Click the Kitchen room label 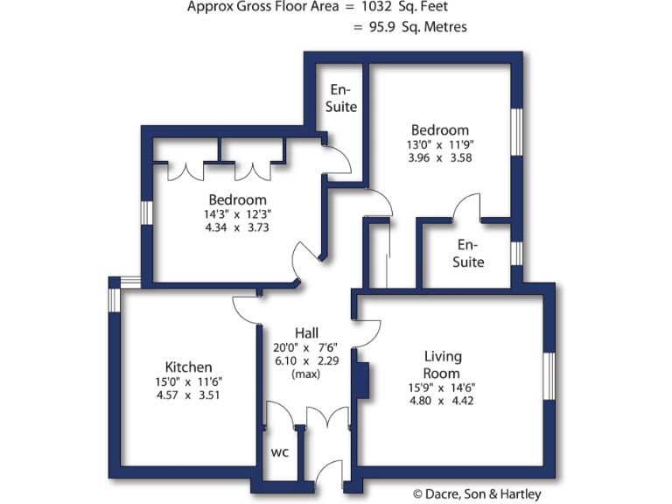[x=188, y=367]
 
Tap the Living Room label [x=443, y=364]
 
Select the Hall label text [x=306, y=332]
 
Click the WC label [x=279, y=452]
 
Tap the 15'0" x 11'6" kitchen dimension [x=188, y=381]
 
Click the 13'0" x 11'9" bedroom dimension [x=439, y=145]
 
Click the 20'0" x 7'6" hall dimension [x=306, y=346]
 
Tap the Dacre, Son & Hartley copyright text [x=477, y=494]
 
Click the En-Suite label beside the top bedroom [x=341, y=98]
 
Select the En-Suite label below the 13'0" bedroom [x=471, y=253]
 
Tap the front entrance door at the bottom [x=329, y=477]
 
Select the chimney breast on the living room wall [x=360, y=381]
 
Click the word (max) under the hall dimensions [x=306, y=374]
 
